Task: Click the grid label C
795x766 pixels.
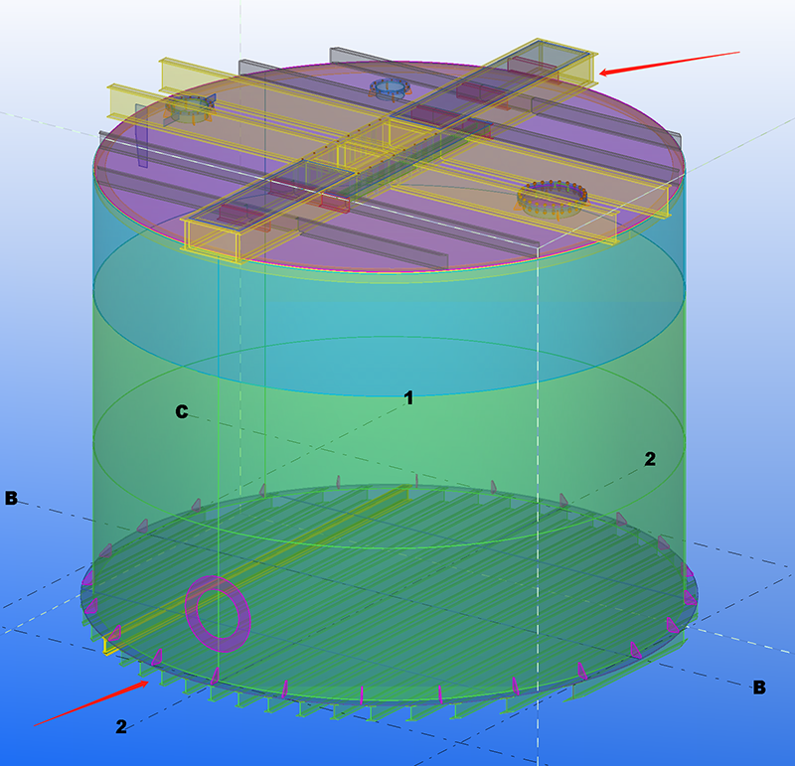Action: pos(182,411)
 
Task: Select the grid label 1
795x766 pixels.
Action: pos(408,398)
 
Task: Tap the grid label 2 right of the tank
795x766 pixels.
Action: pos(650,459)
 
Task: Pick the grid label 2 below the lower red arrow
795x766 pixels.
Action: pos(121,726)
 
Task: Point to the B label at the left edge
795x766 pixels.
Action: pos(11,498)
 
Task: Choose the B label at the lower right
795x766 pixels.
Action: pos(759,688)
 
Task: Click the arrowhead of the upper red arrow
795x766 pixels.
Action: pos(601,74)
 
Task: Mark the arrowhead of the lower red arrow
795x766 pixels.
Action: pos(146,683)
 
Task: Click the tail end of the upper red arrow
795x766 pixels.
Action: pos(739,52)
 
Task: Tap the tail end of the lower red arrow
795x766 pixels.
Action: pos(35,725)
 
